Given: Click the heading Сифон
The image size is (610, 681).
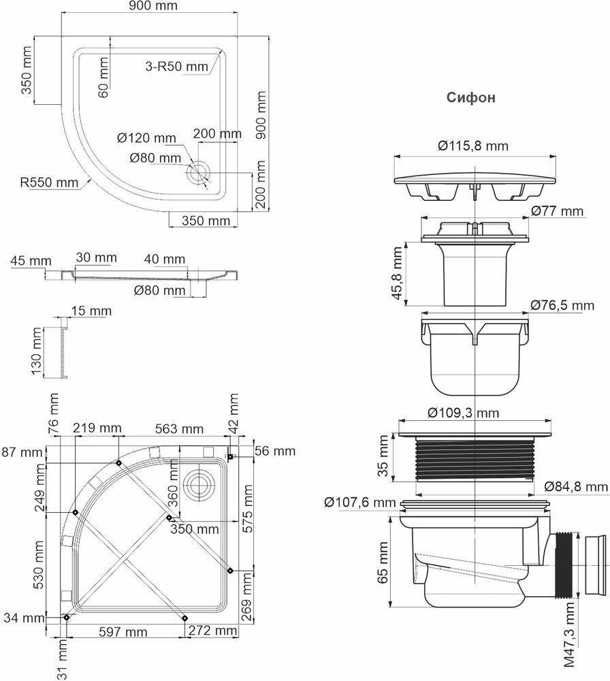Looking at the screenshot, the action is click(470, 97).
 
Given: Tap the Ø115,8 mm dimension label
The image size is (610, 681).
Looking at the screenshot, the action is click(472, 146).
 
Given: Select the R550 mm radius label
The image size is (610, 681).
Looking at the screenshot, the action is click(49, 183).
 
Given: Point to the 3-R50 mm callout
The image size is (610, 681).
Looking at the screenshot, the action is click(176, 67).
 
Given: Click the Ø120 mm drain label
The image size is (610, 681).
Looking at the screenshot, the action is click(147, 138).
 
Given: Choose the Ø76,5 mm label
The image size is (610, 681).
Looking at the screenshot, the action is click(562, 305).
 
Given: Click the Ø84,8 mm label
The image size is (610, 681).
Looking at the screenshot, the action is click(576, 487).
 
